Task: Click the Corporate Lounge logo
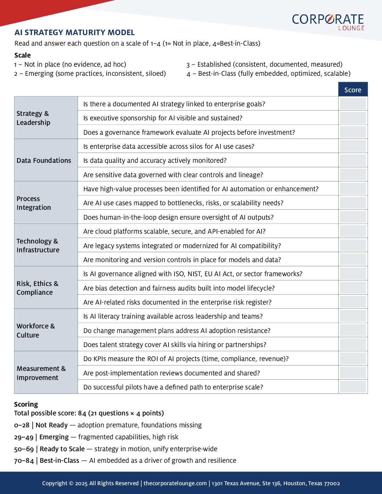(x=328, y=21)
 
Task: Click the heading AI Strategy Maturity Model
(x=74, y=33)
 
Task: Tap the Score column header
(x=353, y=90)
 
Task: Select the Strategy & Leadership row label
(x=34, y=118)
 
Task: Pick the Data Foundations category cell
(x=44, y=160)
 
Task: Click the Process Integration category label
(x=34, y=203)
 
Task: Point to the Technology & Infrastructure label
(x=38, y=245)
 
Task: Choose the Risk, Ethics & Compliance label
(x=38, y=288)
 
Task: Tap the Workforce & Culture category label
(x=36, y=330)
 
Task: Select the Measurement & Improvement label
(x=41, y=373)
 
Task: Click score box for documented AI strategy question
(x=353, y=104)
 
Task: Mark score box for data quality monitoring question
(x=353, y=160)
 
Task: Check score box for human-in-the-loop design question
(x=353, y=217)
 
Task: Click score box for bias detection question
(x=353, y=288)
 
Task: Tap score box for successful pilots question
(x=353, y=387)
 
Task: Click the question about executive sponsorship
(x=163, y=118)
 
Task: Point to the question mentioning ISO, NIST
(x=193, y=274)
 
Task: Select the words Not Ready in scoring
(x=52, y=425)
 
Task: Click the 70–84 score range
(x=24, y=460)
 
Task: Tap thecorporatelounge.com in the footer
(x=175, y=483)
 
